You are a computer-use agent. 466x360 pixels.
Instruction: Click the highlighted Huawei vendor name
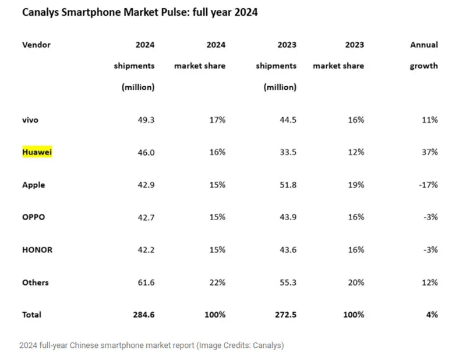pyautogui.click(x=37, y=153)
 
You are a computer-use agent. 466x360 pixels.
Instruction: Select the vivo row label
pyautogui.click(x=31, y=120)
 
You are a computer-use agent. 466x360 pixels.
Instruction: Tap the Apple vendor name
pyautogui.click(x=34, y=185)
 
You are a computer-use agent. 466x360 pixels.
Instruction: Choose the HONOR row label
pyautogui.click(x=37, y=250)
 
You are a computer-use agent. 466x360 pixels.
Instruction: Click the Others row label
pyautogui.click(x=36, y=283)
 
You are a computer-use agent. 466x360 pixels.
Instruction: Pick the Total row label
pyautogui.click(x=31, y=315)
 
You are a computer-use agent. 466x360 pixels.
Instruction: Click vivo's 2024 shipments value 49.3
pyautogui.click(x=144, y=120)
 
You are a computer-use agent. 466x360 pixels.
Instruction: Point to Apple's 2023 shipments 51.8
pyautogui.click(x=287, y=185)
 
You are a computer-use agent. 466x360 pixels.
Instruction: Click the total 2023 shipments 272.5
pyautogui.click(x=284, y=315)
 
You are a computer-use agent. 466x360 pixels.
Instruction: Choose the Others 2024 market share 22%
pyautogui.click(x=217, y=283)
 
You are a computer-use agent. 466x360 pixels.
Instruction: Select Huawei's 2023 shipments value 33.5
pyautogui.click(x=287, y=153)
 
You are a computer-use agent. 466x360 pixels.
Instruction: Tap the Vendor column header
pyautogui.click(x=36, y=45)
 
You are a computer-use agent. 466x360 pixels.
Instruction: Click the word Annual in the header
pyautogui.click(x=424, y=45)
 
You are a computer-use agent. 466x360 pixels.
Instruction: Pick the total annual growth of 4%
pyautogui.click(x=432, y=315)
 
